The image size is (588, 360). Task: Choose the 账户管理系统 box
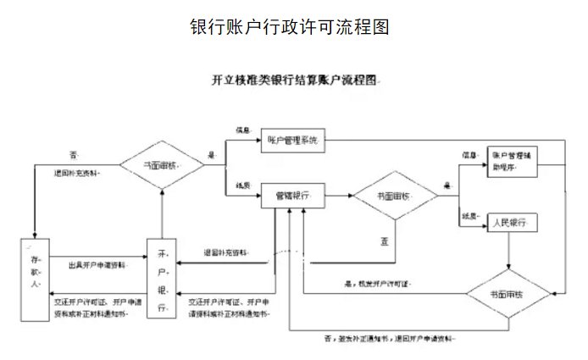293,141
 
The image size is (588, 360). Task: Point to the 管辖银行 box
293,197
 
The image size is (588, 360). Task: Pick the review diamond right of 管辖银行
395,197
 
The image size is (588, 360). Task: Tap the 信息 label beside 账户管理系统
243,130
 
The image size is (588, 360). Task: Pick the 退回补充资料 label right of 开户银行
226,252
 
